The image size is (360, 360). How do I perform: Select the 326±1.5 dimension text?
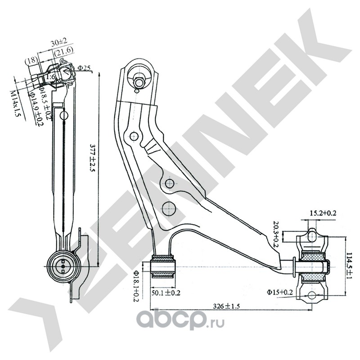tap(228, 306)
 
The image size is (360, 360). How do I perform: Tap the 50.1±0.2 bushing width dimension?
tap(165, 293)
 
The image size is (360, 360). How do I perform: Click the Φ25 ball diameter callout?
tap(84, 68)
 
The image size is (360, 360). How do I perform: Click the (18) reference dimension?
tap(31, 60)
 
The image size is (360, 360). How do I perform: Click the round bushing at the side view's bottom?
tap(62, 266)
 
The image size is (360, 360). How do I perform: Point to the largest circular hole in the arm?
tap(168, 207)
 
